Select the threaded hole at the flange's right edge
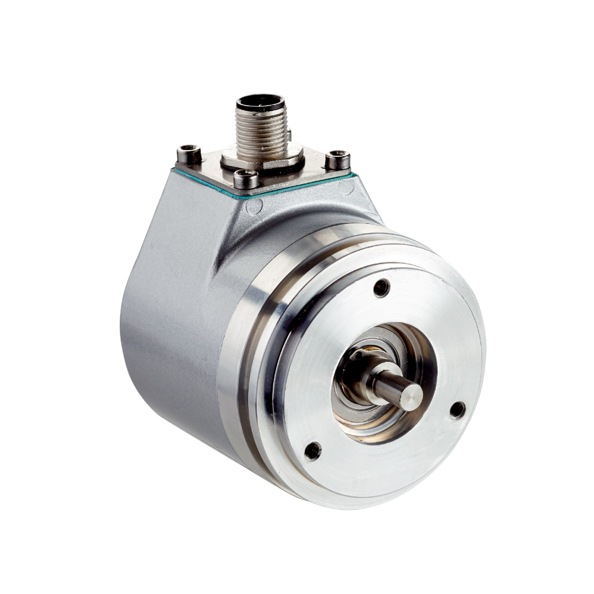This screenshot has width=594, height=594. coord(457,410)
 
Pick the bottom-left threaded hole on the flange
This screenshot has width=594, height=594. coord(312,451)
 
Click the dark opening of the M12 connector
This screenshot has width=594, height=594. coord(260,103)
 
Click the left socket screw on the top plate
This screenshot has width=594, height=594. coord(189,153)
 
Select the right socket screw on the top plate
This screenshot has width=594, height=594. coord(337,159)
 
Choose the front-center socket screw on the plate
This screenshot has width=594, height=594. coord(246,178)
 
